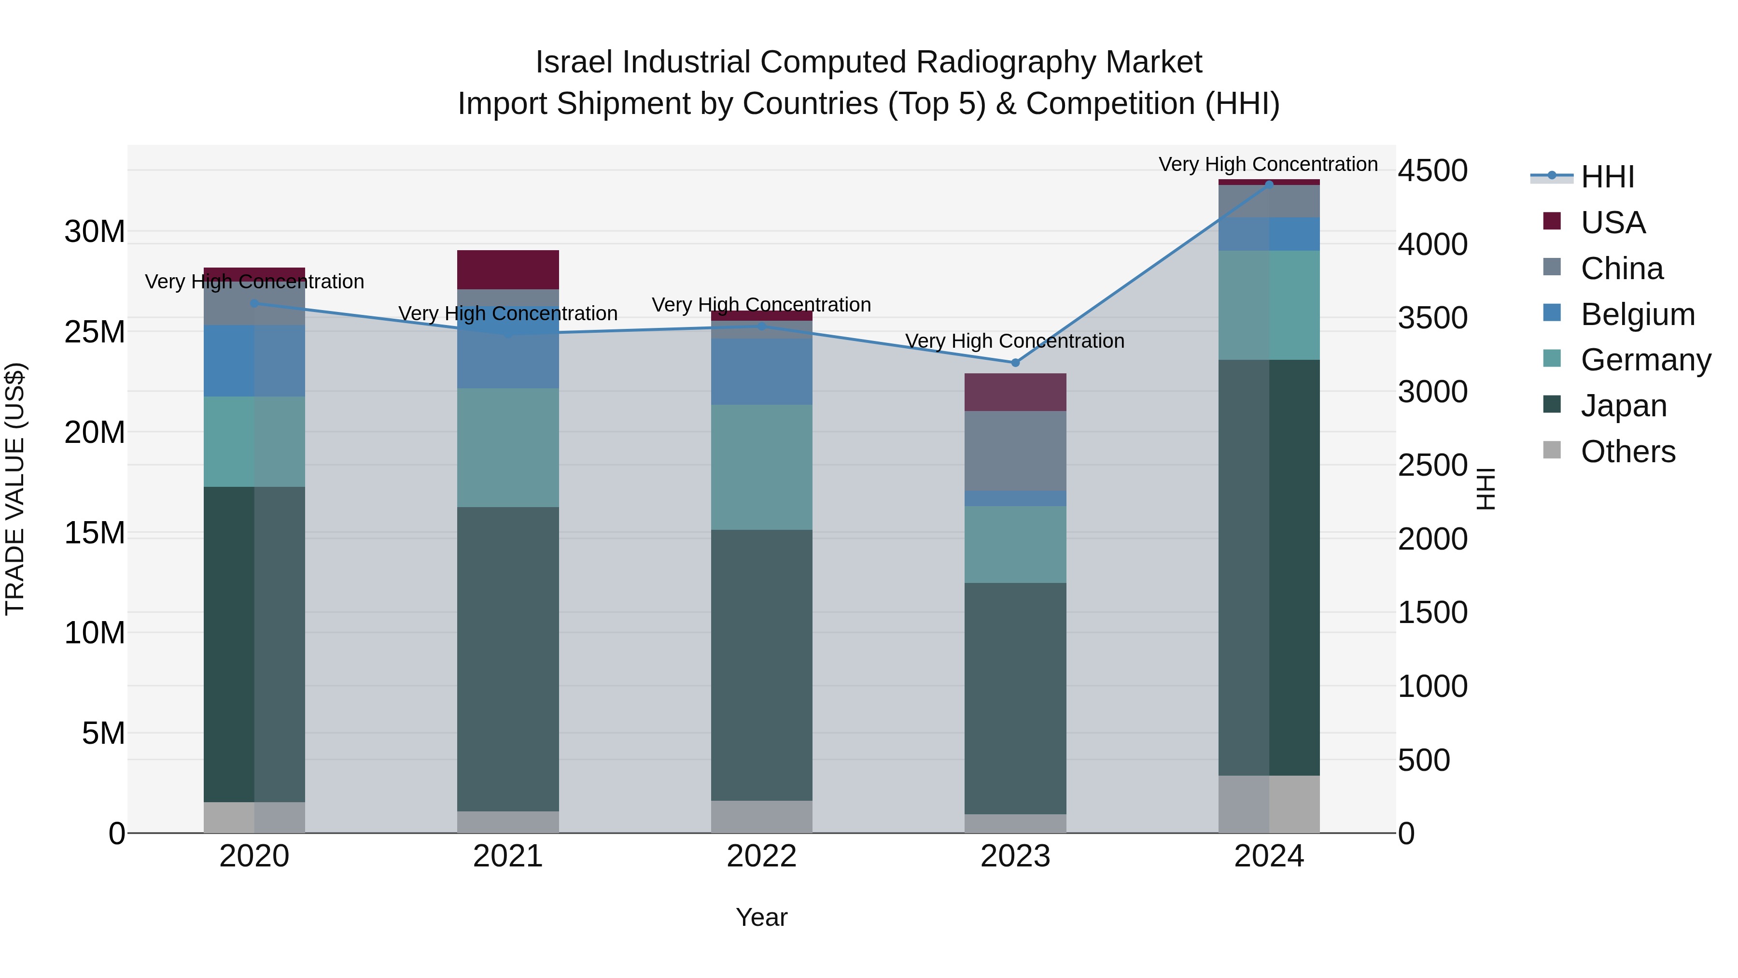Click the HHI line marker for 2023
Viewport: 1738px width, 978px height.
click(1015, 362)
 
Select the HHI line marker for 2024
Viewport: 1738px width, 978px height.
click(1269, 184)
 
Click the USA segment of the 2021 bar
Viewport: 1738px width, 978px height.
click(508, 269)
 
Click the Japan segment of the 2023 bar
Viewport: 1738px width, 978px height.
click(1015, 698)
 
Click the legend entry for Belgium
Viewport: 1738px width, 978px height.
click(1638, 314)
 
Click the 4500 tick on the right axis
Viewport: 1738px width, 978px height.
click(1432, 171)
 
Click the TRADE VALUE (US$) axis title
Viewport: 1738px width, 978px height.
click(15, 489)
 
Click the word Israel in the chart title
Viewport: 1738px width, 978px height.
click(574, 62)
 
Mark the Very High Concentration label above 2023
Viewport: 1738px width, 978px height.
click(1015, 341)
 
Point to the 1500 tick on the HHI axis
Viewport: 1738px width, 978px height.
click(1432, 613)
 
